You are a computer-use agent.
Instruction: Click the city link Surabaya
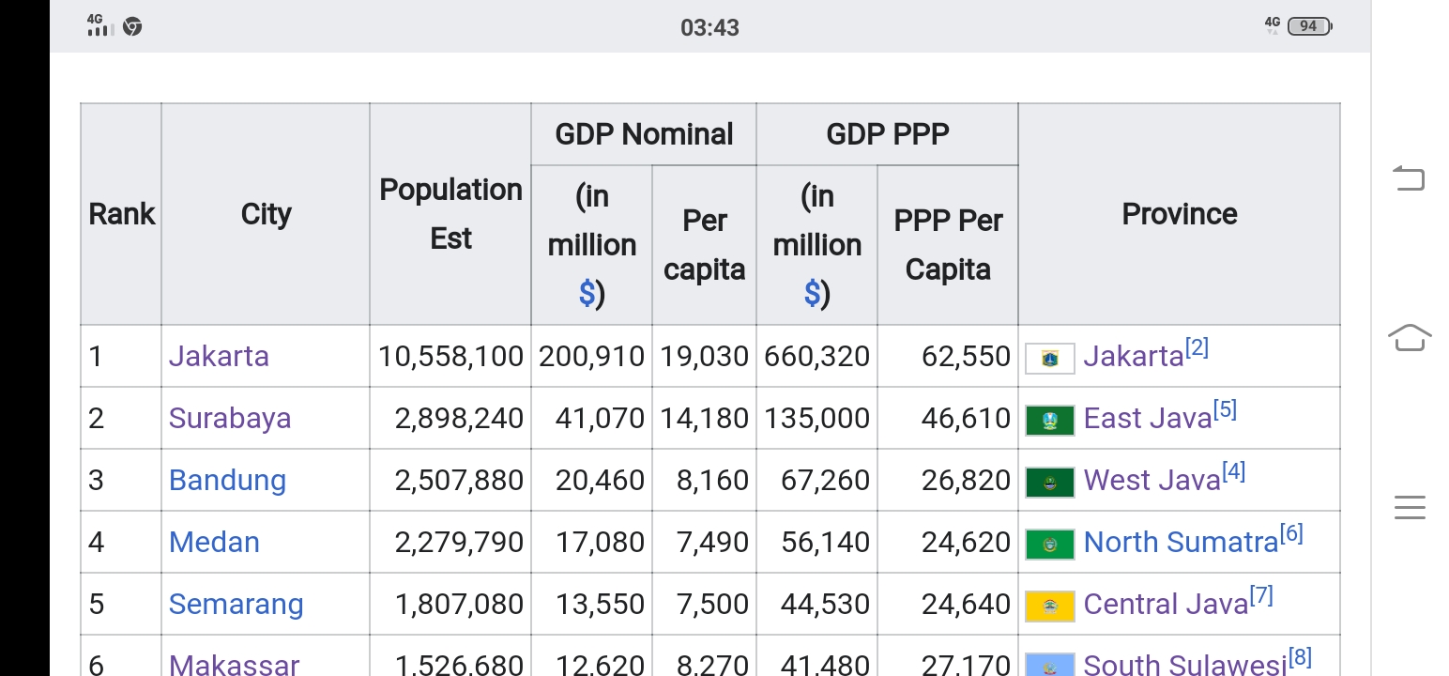(230, 418)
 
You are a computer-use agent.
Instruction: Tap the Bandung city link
(227, 480)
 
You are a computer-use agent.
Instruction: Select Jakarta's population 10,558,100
(450, 356)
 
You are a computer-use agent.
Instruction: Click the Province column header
(1179, 214)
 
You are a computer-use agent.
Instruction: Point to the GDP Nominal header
(644, 134)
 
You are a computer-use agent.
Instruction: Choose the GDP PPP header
(887, 134)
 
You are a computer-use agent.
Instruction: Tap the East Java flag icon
(1049, 420)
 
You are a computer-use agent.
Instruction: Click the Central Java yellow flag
(1049, 606)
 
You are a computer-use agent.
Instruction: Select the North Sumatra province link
(1181, 542)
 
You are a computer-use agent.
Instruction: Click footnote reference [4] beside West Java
(1233, 472)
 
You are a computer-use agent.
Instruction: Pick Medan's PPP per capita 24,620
(966, 542)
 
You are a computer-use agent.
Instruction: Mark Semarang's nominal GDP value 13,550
(600, 604)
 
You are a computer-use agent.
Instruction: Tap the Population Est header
(450, 214)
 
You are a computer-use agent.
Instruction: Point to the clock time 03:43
(709, 27)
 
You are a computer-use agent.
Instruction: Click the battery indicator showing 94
(1309, 26)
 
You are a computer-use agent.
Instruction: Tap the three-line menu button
(1409, 507)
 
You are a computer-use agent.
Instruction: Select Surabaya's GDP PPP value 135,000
(816, 418)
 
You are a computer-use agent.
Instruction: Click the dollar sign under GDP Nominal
(587, 294)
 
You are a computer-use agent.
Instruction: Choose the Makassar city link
(234, 664)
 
